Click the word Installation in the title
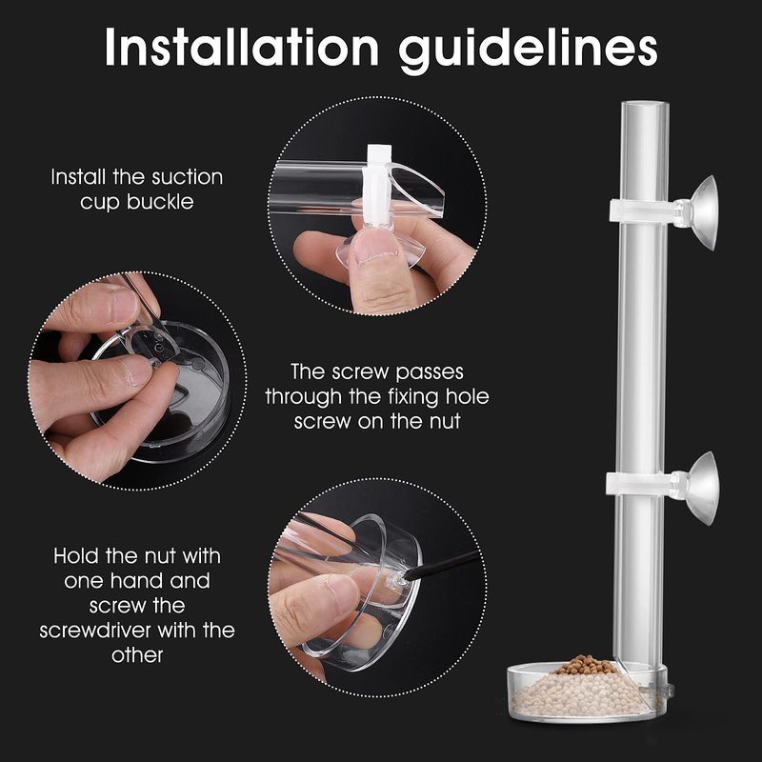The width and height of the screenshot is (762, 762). coord(242,47)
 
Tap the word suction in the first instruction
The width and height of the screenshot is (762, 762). coord(187,177)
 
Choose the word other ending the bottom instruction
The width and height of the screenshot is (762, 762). coord(137,655)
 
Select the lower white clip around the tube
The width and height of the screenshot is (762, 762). coord(640,484)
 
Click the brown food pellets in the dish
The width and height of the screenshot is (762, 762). coord(586,665)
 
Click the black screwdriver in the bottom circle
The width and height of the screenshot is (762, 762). coord(440,565)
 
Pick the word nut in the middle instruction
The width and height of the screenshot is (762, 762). coord(445,422)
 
